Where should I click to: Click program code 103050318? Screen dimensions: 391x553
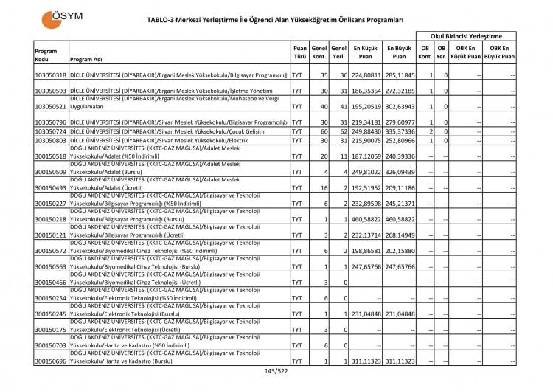(x=51, y=75)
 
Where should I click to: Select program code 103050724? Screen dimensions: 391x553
(x=51, y=131)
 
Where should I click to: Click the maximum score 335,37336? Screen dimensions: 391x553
(x=400, y=131)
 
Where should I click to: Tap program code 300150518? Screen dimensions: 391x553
(x=51, y=156)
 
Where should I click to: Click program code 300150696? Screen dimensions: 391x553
(x=51, y=361)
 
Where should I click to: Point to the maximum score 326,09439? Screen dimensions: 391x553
(x=400, y=172)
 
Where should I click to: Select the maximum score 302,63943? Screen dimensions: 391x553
(x=400, y=106)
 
